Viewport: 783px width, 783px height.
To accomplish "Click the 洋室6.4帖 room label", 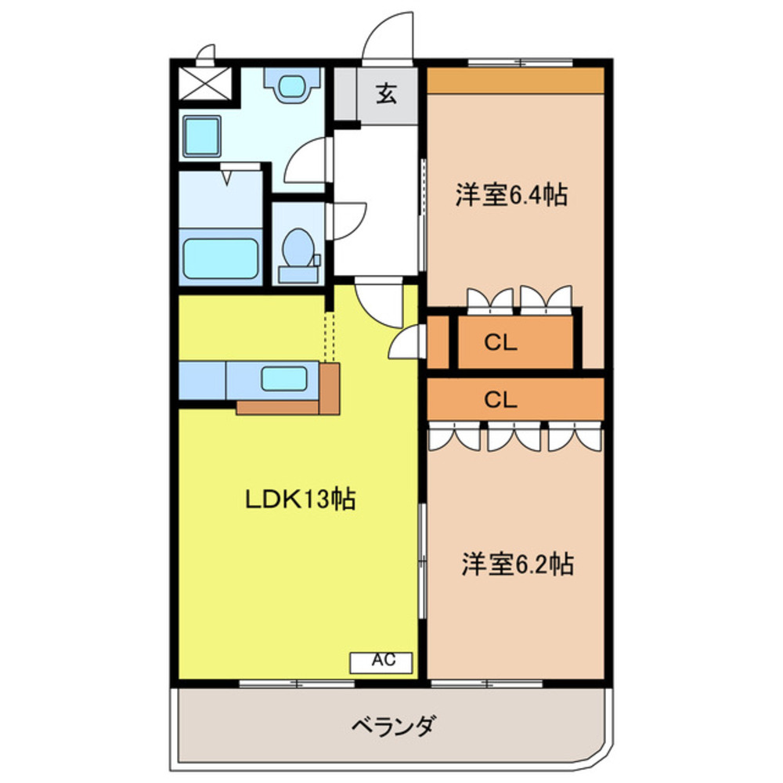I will [511, 195].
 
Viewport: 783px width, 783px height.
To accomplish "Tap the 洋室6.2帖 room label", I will [517, 564].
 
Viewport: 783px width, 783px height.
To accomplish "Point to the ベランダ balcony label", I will [391, 727].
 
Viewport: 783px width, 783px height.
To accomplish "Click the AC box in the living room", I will [381, 661].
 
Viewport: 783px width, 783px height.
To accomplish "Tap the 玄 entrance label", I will [387, 94].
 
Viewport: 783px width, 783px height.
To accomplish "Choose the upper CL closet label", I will [500, 343].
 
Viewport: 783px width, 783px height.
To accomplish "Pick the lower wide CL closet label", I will [500, 400].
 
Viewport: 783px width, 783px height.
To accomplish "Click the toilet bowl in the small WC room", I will [298, 249].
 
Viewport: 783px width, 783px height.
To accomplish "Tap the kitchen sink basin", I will [283, 379].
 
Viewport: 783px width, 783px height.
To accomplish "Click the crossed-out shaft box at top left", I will [204, 83].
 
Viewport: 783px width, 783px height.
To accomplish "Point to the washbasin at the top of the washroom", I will [293, 84].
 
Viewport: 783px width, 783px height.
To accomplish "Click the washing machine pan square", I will [201, 137].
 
